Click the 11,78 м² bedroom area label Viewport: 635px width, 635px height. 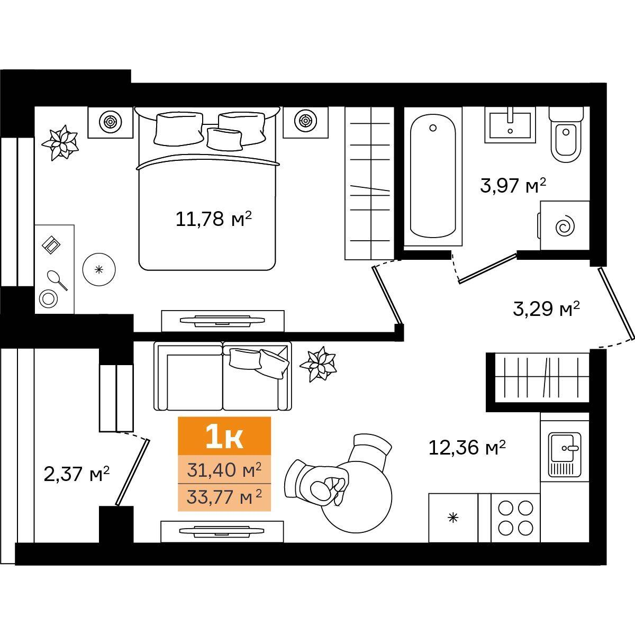[214, 219]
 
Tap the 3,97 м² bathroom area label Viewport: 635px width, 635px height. [513, 186]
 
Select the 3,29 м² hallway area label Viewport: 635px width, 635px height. [546, 309]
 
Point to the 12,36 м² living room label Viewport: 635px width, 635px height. [467, 448]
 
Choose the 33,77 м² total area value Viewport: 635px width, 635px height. [224, 497]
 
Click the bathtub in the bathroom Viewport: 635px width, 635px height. [433, 176]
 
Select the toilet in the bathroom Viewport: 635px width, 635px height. [566, 135]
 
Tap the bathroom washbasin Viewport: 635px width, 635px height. [510, 125]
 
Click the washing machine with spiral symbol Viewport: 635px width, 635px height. [565, 225]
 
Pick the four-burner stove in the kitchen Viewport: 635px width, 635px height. [515, 518]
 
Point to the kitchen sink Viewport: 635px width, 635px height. [565, 455]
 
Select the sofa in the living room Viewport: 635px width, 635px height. [223, 376]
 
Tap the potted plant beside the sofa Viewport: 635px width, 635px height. [317, 364]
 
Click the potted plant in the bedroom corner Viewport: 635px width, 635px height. [60, 142]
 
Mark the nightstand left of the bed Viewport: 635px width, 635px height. [110, 122]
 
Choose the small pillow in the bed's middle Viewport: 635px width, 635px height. [224, 139]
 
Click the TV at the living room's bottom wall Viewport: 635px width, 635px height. [222, 531]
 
